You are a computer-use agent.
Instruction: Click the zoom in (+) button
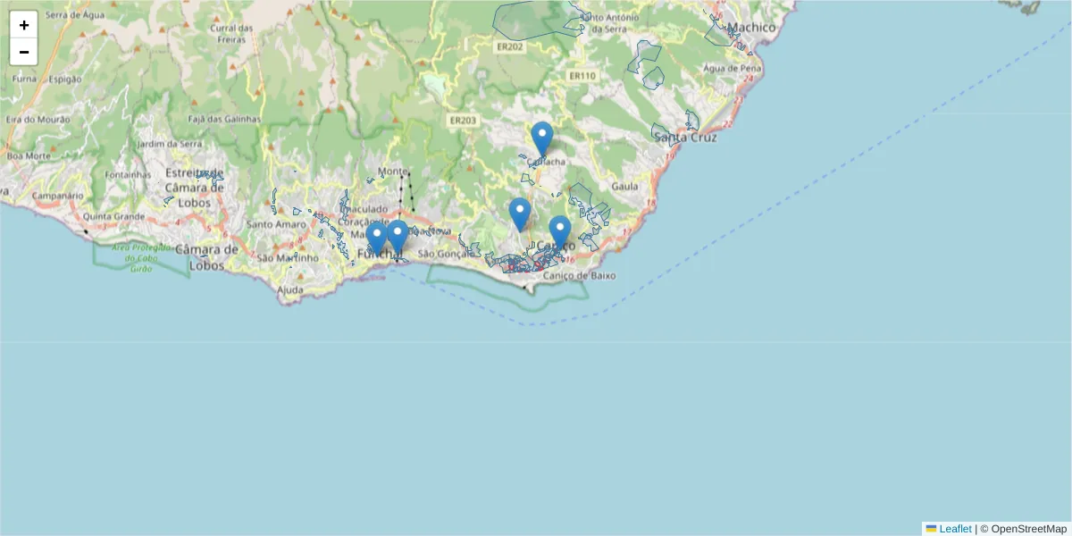point(23,25)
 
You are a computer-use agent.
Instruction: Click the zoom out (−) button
point(23,52)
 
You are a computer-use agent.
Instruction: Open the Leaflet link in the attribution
point(954,529)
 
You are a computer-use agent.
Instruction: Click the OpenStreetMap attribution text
point(1028,529)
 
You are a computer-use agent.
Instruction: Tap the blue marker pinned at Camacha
point(541,138)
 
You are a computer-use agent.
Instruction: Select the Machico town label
point(751,28)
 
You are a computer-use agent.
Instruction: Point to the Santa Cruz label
point(685,138)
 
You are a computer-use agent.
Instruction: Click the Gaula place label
point(625,186)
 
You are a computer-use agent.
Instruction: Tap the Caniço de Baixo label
point(579,276)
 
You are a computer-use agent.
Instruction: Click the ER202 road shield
point(509,46)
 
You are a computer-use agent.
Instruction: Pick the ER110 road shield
point(582,76)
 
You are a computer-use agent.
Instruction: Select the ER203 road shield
point(464,121)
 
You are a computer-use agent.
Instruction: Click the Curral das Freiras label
point(231,33)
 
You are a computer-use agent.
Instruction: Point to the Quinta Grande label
point(113,216)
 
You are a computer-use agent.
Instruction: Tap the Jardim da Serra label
point(169,144)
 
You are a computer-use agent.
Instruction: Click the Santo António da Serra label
point(608,23)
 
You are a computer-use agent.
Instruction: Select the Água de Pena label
point(733,68)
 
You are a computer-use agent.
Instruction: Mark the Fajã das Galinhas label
point(224,119)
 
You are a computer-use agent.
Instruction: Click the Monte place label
point(391,172)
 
